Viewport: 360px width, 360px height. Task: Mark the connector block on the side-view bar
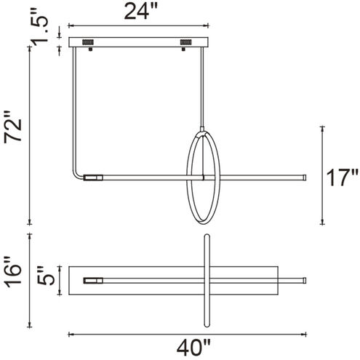[x=94, y=177]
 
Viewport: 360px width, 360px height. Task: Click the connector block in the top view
[x=94, y=280]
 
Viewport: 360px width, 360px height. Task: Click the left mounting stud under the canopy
[x=89, y=50]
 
